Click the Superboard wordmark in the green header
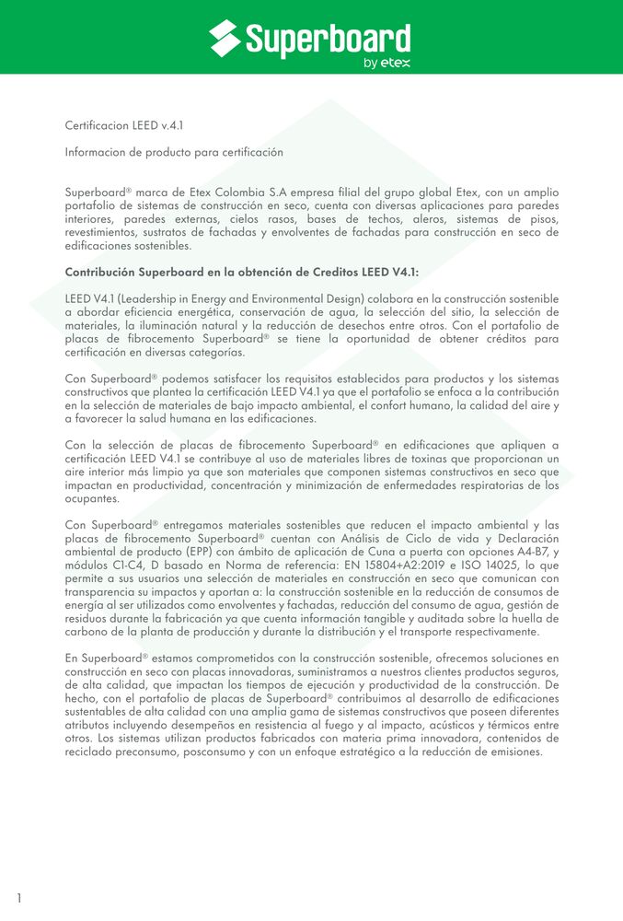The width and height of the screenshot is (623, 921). pyautogui.click(x=328, y=40)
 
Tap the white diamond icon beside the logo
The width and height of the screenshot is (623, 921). pyautogui.click(x=225, y=38)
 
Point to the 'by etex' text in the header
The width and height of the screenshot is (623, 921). pyautogui.click(x=386, y=64)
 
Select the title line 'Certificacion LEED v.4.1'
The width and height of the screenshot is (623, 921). pyautogui.click(x=130, y=124)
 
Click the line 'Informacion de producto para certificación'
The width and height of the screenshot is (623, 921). pyautogui.click(x=174, y=151)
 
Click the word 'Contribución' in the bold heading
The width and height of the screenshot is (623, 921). pyautogui.click(x=100, y=273)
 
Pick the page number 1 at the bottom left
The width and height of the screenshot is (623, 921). pyautogui.click(x=18, y=898)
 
